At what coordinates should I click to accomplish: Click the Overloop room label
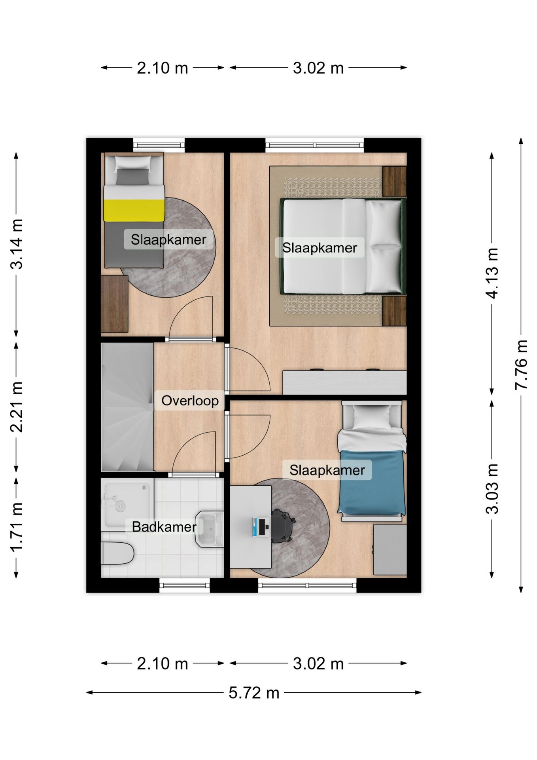pyautogui.click(x=190, y=401)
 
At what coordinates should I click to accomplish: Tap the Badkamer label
pyautogui.click(x=164, y=527)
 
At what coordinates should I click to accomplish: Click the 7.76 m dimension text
pyautogui.click(x=521, y=365)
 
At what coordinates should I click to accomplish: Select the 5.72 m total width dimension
pyautogui.click(x=254, y=693)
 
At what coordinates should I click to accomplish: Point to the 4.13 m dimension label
pyautogui.click(x=492, y=273)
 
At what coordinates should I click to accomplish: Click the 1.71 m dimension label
pyautogui.click(x=17, y=527)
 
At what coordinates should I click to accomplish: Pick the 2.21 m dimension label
pyautogui.click(x=17, y=407)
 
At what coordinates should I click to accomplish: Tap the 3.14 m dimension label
pyautogui.click(x=17, y=244)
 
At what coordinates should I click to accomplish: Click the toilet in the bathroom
pyautogui.click(x=117, y=553)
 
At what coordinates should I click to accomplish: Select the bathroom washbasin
pyautogui.click(x=210, y=529)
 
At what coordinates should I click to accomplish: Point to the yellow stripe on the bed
pyautogui.click(x=134, y=210)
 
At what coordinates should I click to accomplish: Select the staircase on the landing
pyautogui.click(x=127, y=407)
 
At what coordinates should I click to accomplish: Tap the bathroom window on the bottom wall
pyautogui.click(x=184, y=585)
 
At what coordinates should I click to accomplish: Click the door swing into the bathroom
pyautogui.click(x=194, y=452)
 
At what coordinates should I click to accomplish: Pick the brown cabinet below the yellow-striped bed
pyautogui.click(x=114, y=304)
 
